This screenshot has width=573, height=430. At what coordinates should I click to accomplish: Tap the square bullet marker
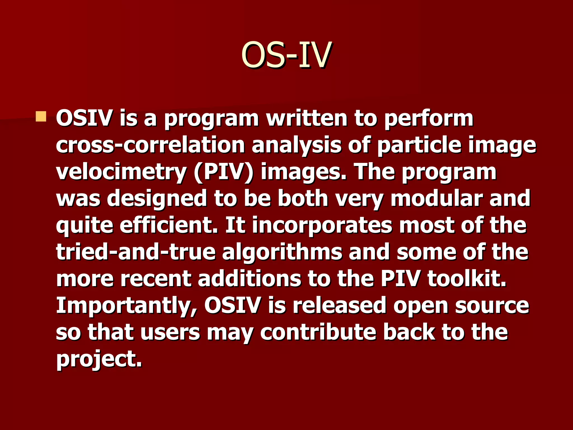click(41, 116)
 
